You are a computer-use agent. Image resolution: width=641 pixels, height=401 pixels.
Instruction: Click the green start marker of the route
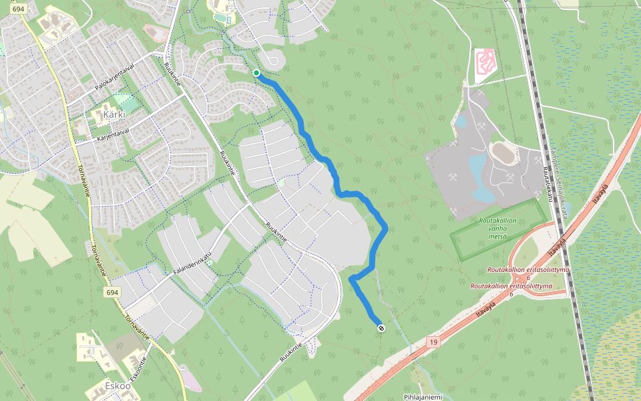point(256,73)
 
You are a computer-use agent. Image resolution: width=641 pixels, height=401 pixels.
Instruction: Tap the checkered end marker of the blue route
point(381,328)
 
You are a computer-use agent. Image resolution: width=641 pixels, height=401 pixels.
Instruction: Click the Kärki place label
point(115,114)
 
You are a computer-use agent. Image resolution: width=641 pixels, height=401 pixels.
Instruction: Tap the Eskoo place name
point(117,386)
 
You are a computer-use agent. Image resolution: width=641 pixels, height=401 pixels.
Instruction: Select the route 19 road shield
point(433,342)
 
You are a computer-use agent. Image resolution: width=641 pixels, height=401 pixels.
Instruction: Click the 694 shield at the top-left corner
point(19,9)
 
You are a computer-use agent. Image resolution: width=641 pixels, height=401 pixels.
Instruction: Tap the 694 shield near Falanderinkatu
point(112,293)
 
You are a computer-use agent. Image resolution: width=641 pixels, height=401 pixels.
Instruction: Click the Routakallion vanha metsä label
point(497,228)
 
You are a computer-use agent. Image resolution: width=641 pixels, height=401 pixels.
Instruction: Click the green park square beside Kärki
point(123,102)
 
